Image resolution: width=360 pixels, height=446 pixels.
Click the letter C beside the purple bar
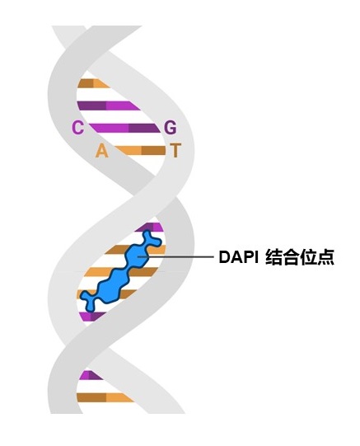77,128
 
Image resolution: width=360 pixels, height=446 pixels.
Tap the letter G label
171,128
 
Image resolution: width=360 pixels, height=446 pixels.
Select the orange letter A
101,151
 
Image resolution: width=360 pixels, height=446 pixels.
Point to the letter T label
175,151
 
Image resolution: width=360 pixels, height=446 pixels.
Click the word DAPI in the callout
238,257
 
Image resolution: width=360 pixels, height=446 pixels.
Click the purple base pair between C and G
125,128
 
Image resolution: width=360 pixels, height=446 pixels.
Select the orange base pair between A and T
141,151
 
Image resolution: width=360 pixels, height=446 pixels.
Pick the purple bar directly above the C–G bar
109,106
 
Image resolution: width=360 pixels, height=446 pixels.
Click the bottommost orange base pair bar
105,397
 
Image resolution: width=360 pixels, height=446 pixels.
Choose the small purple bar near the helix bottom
91,375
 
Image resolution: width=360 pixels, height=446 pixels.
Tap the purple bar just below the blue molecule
92,317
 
